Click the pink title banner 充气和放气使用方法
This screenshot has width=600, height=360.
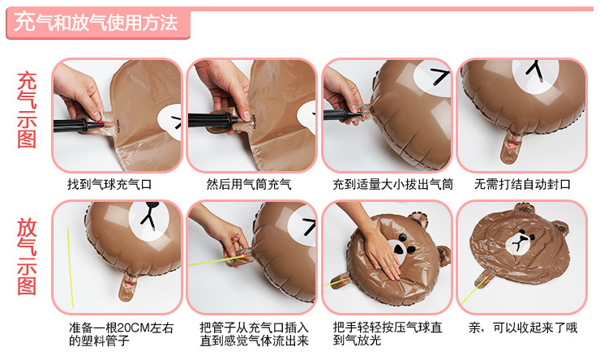pyautogui.click(x=96, y=23)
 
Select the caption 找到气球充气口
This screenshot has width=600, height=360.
pyautogui.click(x=109, y=185)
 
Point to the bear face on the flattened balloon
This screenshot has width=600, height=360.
pyautogui.click(x=522, y=242)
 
